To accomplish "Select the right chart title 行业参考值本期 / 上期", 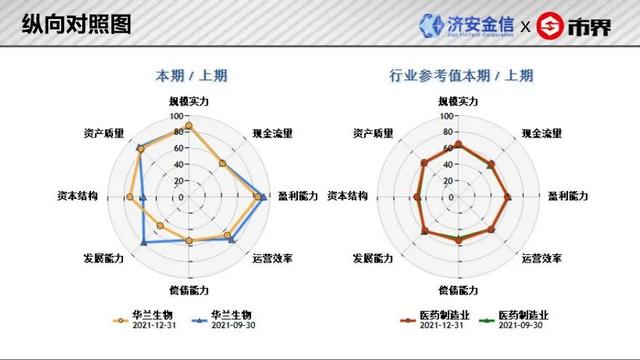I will click(458, 75).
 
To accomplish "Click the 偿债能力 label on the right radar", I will click(458, 291).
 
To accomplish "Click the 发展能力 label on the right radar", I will click(374, 258).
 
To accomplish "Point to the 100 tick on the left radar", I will click(177, 115).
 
